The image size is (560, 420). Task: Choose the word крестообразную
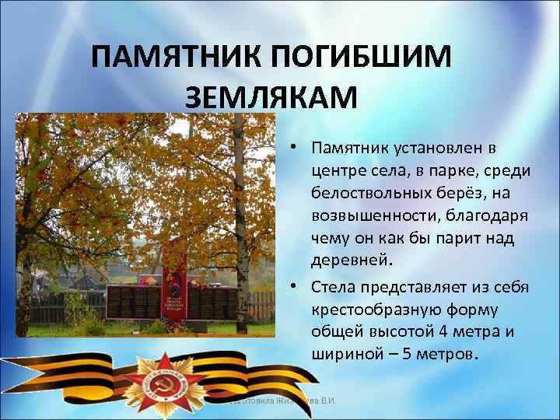tap(369, 310)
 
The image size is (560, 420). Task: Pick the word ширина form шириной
tap(343, 353)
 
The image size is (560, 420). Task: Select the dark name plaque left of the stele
tap(132, 302)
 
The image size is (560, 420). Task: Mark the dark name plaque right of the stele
tap(214, 302)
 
